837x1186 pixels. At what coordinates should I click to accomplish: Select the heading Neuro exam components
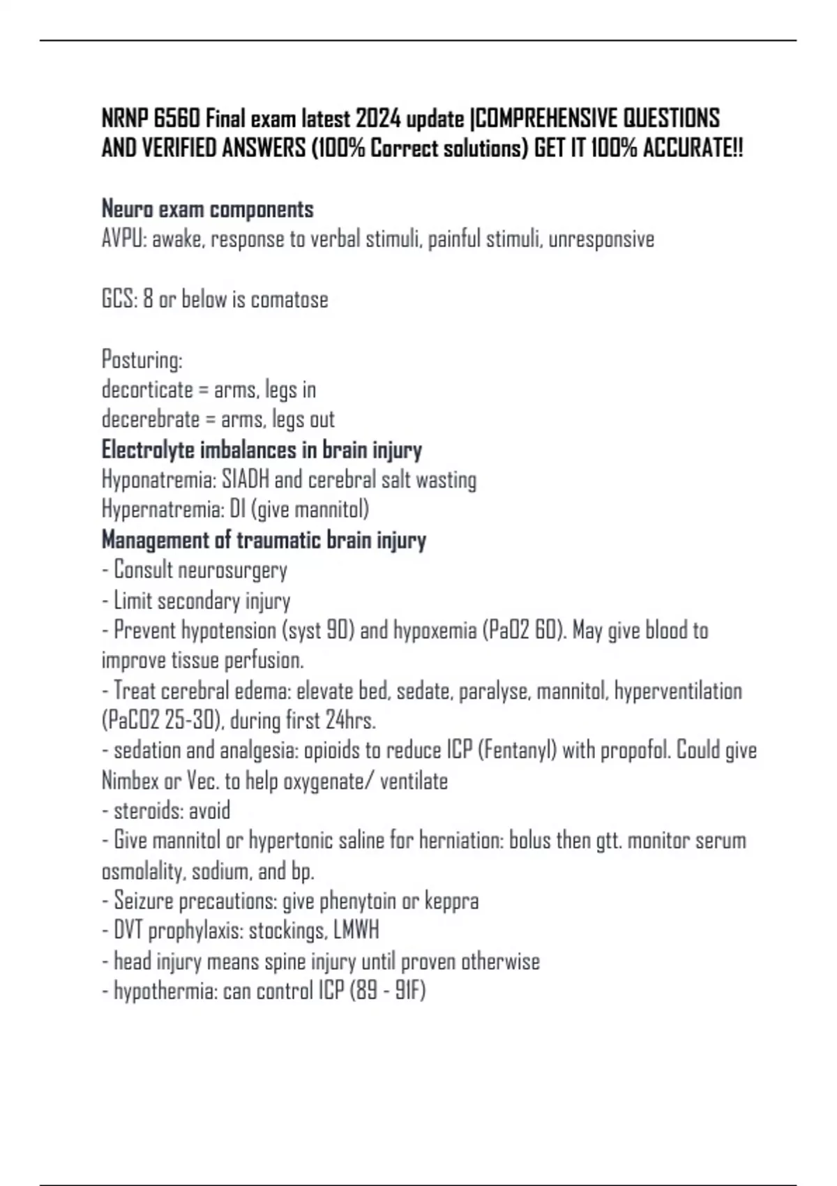point(208,209)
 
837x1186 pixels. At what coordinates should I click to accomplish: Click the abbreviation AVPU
point(123,239)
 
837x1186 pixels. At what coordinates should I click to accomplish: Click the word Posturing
point(142,361)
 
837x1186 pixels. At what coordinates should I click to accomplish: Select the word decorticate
point(147,390)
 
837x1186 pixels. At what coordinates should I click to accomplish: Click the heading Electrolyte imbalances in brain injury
point(262,450)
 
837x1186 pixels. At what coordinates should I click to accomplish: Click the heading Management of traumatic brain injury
point(264,541)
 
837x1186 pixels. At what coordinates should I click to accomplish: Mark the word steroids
point(139,811)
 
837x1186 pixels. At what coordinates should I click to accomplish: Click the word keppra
point(452,901)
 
